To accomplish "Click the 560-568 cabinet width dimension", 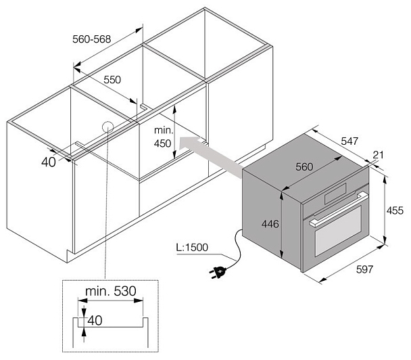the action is click(x=92, y=39).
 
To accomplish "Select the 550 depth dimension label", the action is click(x=112, y=80).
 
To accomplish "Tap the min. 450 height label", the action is click(x=163, y=137).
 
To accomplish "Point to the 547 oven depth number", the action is click(x=349, y=141).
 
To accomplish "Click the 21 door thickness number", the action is click(x=378, y=155).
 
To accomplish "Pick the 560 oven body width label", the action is click(x=304, y=166).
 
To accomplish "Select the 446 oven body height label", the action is click(x=270, y=224).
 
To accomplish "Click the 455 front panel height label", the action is click(x=395, y=210).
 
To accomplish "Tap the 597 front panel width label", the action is click(x=364, y=269).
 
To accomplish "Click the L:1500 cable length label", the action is click(x=192, y=247).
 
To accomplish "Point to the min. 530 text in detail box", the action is click(x=111, y=291).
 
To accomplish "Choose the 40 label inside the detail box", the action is click(x=95, y=320).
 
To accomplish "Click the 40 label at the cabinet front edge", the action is click(x=49, y=162).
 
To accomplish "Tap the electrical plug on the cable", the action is click(x=218, y=271).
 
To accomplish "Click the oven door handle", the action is click(x=339, y=209).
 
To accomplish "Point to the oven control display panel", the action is click(x=335, y=194).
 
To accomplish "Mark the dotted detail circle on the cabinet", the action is click(x=107, y=128).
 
